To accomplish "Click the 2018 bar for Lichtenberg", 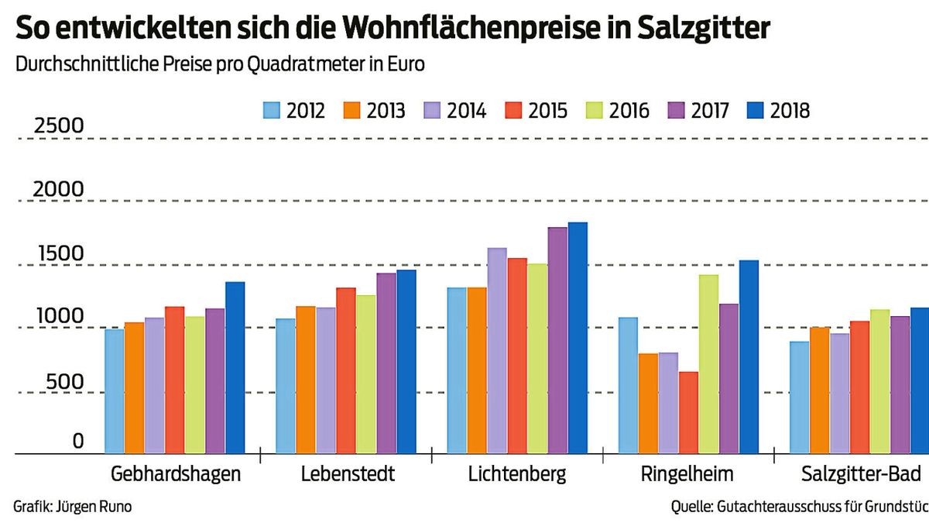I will click(x=578, y=338).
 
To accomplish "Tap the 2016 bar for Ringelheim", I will click(x=708, y=364).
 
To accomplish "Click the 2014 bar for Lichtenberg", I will click(x=497, y=350).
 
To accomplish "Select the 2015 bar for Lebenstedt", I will click(x=345, y=370).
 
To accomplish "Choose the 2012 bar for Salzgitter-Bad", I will click(x=800, y=397).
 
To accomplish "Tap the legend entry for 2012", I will click(x=293, y=111).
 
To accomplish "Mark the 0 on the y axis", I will click(x=77, y=441).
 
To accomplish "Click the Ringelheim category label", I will click(x=687, y=473).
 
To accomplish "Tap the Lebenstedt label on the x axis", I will click(x=348, y=473).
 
